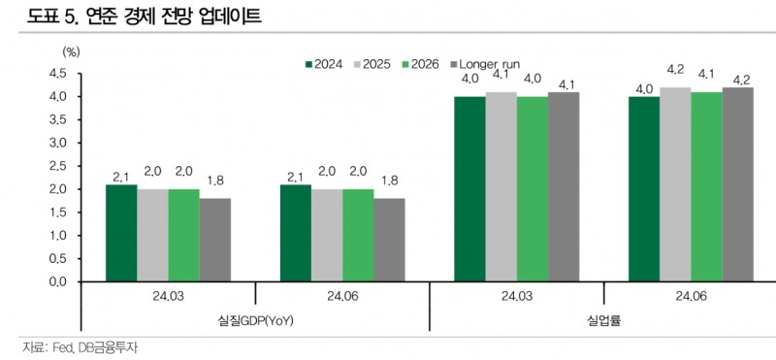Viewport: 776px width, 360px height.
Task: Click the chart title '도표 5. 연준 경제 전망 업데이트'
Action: click(x=138, y=16)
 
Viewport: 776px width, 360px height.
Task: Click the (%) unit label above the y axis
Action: click(x=70, y=49)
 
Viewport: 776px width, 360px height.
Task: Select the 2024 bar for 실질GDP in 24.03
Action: click(x=121, y=233)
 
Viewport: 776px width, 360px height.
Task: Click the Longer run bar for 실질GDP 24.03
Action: click(x=215, y=240)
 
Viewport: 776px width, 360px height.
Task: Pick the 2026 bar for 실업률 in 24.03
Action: click(x=532, y=189)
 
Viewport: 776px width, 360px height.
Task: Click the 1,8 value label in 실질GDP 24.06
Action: click(x=389, y=180)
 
